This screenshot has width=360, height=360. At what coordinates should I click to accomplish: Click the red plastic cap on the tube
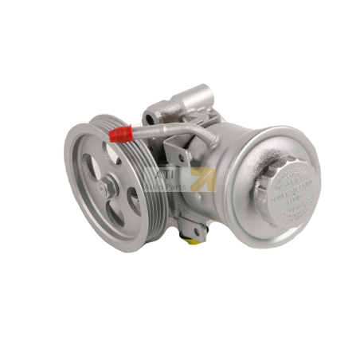120,133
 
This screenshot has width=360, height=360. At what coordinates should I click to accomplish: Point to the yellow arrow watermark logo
201,179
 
